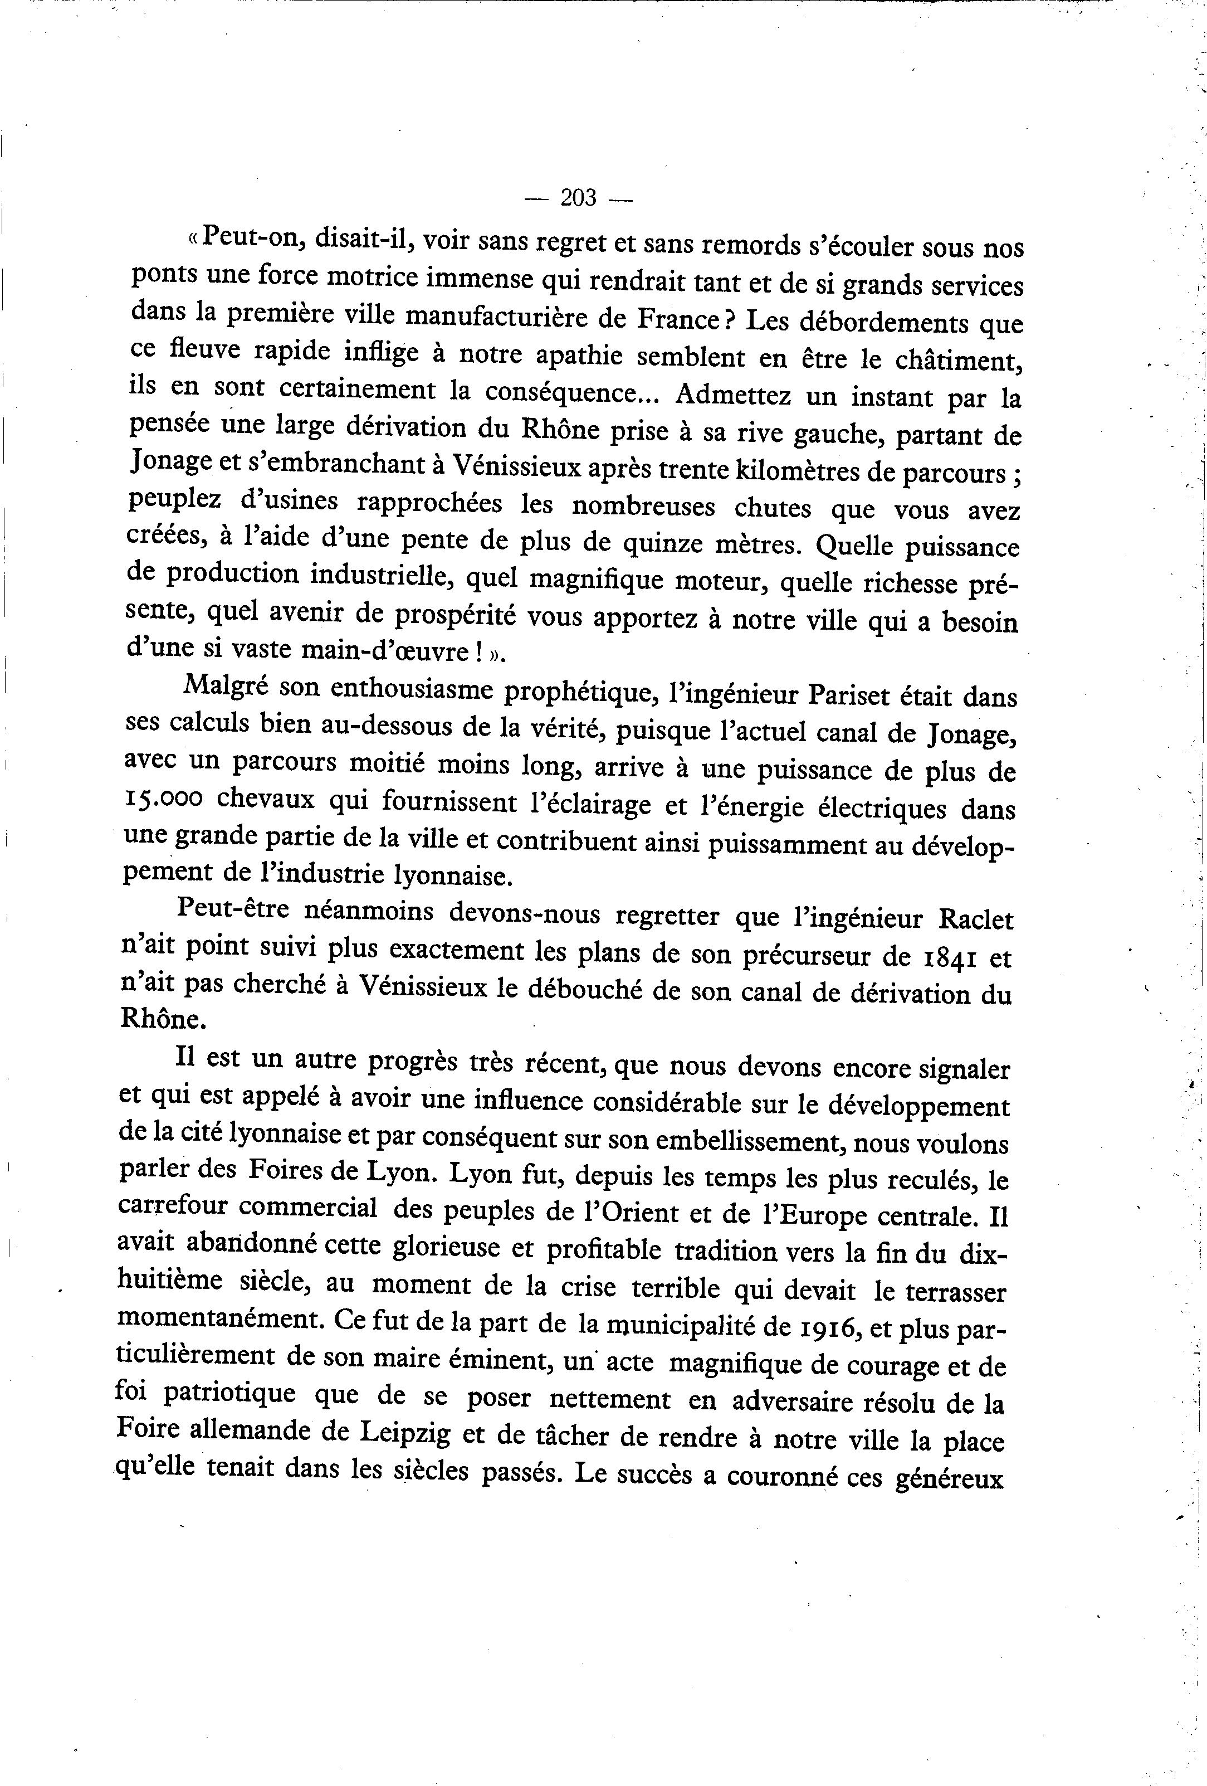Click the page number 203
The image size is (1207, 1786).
(x=579, y=198)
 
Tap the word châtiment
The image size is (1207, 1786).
(x=940, y=361)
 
